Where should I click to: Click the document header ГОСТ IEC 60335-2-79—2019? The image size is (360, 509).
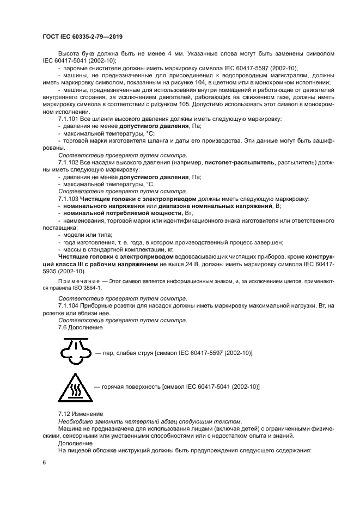(82, 36)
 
